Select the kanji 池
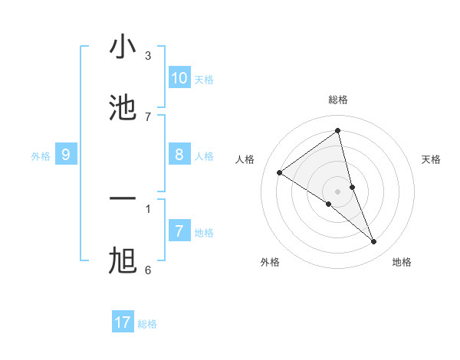123,109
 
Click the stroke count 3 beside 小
148,55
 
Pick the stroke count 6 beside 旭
148,270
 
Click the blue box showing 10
179,78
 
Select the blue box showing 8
179,155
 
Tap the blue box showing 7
179,231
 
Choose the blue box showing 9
66,155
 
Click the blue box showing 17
123,322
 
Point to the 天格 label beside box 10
204,80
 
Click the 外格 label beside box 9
41,156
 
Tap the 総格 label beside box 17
147,324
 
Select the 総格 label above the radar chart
338,100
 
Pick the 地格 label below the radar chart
402,262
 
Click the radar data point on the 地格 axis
374,242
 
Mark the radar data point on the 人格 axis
279,172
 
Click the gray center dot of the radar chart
338,191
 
